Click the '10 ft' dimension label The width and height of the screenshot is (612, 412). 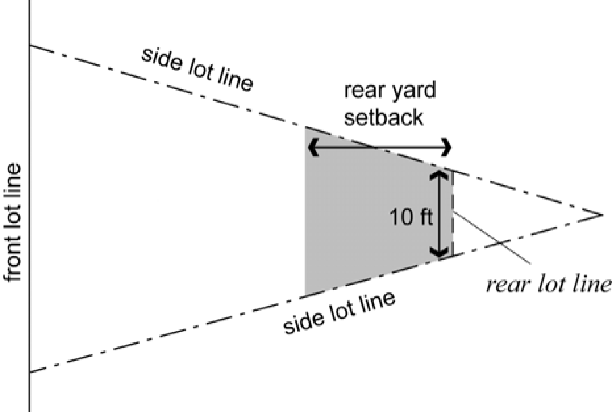click(411, 217)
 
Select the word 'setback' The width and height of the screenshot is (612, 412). click(384, 117)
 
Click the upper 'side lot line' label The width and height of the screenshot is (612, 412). click(197, 70)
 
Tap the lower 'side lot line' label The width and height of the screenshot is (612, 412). click(339, 313)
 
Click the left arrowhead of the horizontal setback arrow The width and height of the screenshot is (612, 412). click(313, 148)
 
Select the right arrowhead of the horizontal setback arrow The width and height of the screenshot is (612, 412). click(447, 148)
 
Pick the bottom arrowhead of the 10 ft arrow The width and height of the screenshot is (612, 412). click(440, 252)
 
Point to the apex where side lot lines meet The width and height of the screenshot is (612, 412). click(602, 214)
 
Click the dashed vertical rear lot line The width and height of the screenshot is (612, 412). click(453, 213)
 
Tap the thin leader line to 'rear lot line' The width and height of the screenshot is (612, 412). click(492, 238)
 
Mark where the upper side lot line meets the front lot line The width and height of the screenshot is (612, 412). click(30, 45)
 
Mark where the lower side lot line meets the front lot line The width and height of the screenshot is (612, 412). click(30, 372)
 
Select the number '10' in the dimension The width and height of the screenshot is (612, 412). click(401, 217)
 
